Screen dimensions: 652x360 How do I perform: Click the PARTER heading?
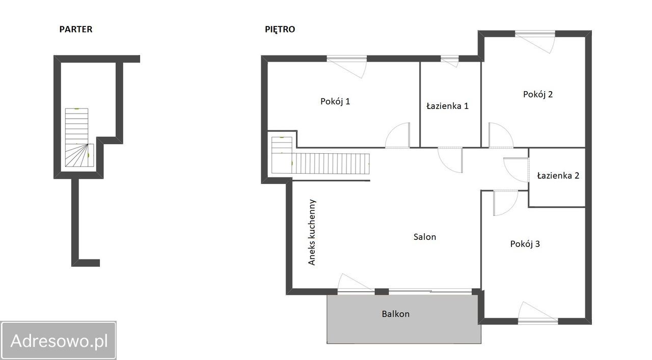tap(76, 29)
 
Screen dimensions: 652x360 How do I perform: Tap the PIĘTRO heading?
tap(280, 29)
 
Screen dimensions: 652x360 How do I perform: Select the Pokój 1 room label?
tap(335, 101)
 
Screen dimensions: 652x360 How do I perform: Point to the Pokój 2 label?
tap(537, 94)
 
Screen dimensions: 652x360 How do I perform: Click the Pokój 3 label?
tap(525, 243)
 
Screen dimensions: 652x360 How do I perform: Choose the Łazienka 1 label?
tap(447, 105)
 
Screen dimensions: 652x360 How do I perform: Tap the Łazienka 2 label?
tap(558, 176)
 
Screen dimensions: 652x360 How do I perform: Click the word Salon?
tap(425, 237)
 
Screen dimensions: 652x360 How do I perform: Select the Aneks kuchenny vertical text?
tap(312, 232)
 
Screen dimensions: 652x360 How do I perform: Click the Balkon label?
tap(396, 314)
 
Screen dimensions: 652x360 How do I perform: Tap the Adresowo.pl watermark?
tap(59, 340)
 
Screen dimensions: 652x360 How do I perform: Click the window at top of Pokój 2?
tap(535, 34)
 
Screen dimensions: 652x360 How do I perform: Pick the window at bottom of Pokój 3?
tap(538, 321)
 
